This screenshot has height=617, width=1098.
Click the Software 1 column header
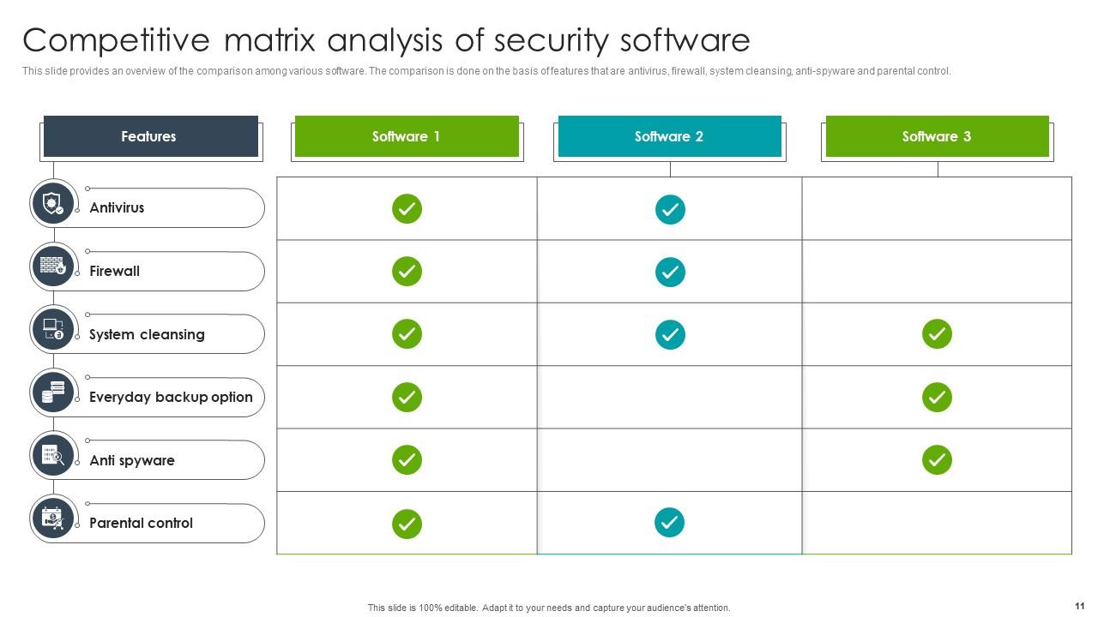[x=407, y=136]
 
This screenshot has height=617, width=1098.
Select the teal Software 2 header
[x=669, y=136]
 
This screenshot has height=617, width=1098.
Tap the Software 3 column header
[x=937, y=136]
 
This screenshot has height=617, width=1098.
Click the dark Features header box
[x=150, y=136]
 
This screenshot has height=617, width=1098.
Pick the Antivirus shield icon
[x=53, y=204]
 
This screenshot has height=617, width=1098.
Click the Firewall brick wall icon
[x=53, y=266]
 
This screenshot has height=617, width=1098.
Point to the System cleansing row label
[x=147, y=334]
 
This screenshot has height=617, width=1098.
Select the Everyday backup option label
[x=171, y=397]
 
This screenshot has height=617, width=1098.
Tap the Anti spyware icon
[x=53, y=455]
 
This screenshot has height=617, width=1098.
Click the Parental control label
[x=141, y=523]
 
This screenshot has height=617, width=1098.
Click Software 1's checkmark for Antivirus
[x=407, y=208]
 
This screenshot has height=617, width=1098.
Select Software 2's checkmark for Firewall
[x=670, y=272]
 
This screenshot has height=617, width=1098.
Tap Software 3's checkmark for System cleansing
[x=937, y=334]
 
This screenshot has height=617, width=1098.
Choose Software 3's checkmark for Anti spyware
[x=937, y=459]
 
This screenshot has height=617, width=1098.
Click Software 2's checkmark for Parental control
[x=670, y=522]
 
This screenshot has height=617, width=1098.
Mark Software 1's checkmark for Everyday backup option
[x=407, y=397]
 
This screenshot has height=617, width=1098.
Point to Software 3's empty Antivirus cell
[x=937, y=208]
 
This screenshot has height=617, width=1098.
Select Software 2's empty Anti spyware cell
[x=670, y=459]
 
